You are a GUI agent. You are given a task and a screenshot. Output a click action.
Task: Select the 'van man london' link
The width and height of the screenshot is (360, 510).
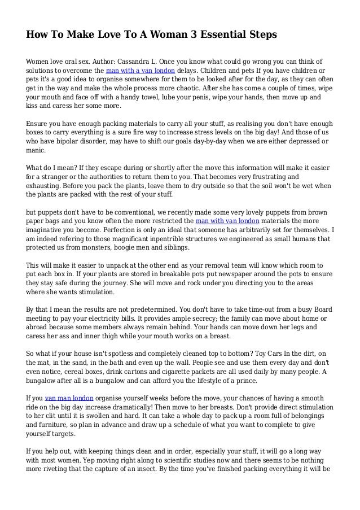(x=69, y=398)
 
